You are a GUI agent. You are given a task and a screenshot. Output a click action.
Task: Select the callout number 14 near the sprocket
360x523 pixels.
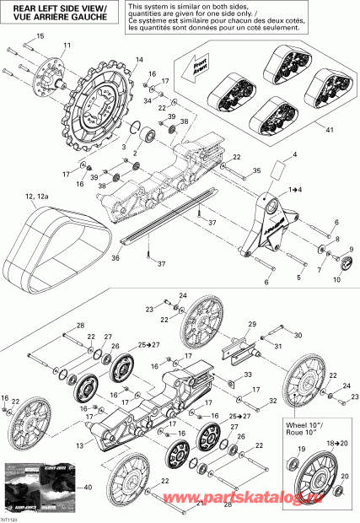139,59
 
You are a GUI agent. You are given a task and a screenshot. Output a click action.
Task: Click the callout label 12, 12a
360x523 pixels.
38,197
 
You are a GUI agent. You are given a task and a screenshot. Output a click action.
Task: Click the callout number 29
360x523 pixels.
250,324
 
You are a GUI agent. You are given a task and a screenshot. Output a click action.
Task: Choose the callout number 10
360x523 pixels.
336,279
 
